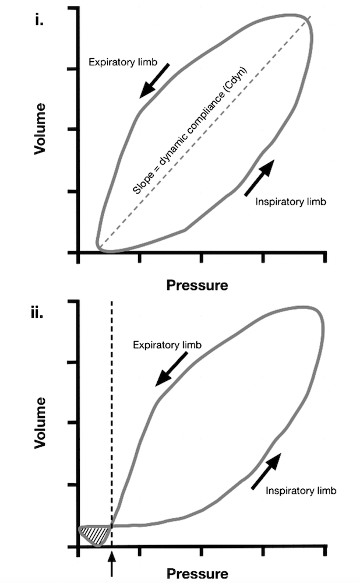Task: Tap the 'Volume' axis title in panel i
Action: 40,129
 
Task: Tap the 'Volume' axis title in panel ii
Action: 40,423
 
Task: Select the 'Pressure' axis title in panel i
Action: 197,285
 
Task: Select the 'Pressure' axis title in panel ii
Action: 197,574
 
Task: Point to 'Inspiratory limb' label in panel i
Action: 290,202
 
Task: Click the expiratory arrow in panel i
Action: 155,80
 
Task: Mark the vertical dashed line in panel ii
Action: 111,408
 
